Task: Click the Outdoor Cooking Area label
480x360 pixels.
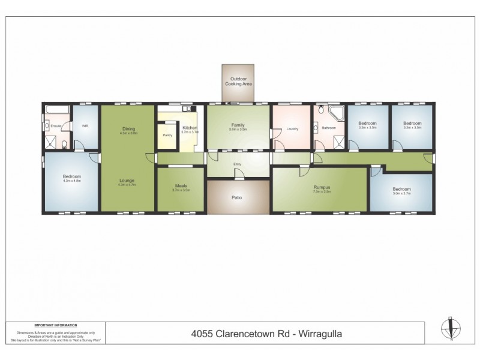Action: click(238, 81)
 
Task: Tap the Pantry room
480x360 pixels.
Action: click(167, 135)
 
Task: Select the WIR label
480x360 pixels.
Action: click(85, 126)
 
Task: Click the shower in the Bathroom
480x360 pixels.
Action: click(340, 142)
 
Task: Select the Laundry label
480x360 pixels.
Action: click(293, 128)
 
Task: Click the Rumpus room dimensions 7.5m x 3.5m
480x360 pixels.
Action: click(323, 192)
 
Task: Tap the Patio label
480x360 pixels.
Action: click(238, 197)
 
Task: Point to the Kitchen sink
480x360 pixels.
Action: click(188, 109)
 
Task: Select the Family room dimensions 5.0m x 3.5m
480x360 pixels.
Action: click(238, 130)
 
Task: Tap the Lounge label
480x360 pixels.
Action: click(126, 180)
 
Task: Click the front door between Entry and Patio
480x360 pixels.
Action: click(238, 177)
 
